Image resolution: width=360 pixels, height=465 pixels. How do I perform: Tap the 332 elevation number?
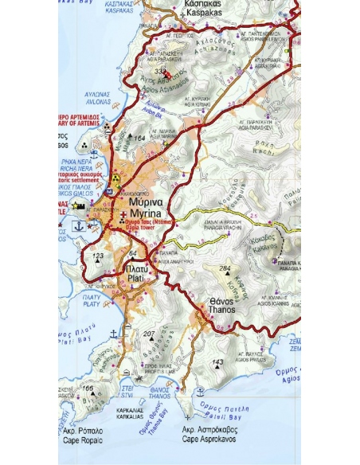[158, 70]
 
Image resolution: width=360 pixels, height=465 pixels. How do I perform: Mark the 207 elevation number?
[149, 333]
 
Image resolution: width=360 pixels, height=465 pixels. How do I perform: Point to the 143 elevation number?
[217, 362]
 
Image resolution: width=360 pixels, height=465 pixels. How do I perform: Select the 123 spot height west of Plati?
[98, 256]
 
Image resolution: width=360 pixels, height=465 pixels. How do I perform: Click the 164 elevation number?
[139, 139]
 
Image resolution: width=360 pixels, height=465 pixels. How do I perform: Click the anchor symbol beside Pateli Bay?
[201, 393]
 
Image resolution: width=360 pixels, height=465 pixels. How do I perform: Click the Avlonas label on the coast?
[94, 99]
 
